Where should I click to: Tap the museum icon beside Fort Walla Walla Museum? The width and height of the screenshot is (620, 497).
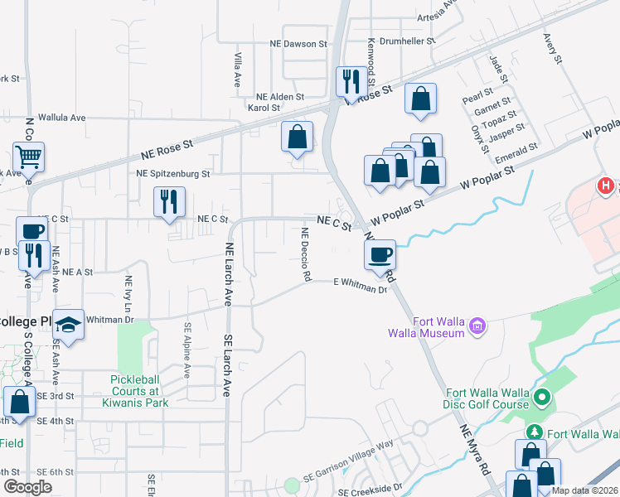(x=477, y=327)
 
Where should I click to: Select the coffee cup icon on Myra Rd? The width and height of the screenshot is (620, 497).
(x=381, y=253)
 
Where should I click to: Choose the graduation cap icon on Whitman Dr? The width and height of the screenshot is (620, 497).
(x=70, y=326)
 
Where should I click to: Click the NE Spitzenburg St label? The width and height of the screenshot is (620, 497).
(x=174, y=174)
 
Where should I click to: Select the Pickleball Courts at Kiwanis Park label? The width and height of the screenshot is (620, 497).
(x=139, y=391)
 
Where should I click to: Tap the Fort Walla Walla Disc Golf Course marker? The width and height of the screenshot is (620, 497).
(x=542, y=399)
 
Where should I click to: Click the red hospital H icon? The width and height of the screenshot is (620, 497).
(x=607, y=187)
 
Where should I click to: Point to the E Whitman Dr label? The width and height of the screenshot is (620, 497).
(x=361, y=286)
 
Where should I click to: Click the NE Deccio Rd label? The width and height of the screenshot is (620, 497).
(x=305, y=253)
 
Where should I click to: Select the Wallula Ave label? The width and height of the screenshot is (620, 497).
(x=64, y=118)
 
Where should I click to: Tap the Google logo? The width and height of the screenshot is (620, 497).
(x=28, y=487)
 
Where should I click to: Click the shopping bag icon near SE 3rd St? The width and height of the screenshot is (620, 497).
(x=19, y=401)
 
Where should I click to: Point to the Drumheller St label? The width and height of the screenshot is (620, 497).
(x=408, y=40)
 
